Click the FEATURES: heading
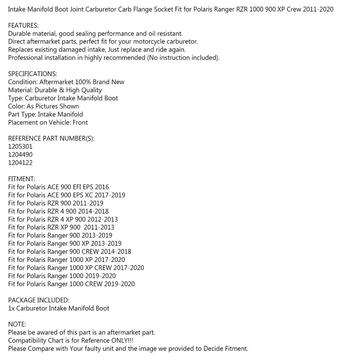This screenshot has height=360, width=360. (x=23, y=26)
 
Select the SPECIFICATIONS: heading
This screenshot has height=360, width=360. (x=32, y=74)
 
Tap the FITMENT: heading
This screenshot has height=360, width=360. (x=21, y=179)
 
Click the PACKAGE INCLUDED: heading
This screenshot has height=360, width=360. (x=39, y=300)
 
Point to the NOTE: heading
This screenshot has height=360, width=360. (x=17, y=324)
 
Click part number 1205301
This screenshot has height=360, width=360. (x=20, y=147)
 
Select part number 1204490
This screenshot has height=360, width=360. (x=20, y=155)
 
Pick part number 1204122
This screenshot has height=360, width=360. (x=20, y=163)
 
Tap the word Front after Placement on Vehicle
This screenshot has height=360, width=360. (x=80, y=123)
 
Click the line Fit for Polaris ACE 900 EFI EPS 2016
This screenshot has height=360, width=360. (x=58, y=187)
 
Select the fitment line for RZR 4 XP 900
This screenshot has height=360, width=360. (x=63, y=219)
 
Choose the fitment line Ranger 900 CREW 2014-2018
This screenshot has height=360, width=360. (x=70, y=252)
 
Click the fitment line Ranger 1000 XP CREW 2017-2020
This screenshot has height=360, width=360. (x=76, y=268)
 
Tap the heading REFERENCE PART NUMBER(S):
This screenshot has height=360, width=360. (x=51, y=139)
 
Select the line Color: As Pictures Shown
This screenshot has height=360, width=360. (x=43, y=106)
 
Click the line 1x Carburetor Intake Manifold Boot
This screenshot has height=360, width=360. (x=59, y=308)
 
